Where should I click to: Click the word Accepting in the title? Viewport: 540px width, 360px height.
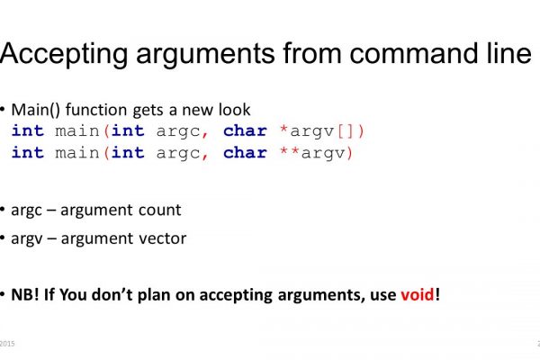click(64, 55)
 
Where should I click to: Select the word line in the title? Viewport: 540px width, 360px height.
click(509, 53)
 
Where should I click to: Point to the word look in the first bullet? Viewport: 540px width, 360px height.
click(235, 110)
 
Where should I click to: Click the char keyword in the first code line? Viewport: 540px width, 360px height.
click(245, 130)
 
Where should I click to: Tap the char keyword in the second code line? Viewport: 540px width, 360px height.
click(245, 153)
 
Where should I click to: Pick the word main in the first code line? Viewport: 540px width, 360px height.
click(77, 131)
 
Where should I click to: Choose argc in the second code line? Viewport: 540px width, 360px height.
click(178, 154)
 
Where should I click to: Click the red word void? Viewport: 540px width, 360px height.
click(418, 294)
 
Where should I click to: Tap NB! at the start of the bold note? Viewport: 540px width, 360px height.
click(25, 294)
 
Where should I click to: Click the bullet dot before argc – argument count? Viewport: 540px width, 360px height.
click(3, 209)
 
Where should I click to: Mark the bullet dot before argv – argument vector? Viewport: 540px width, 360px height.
click(3, 238)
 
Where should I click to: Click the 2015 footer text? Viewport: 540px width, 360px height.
click(7, 344)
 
